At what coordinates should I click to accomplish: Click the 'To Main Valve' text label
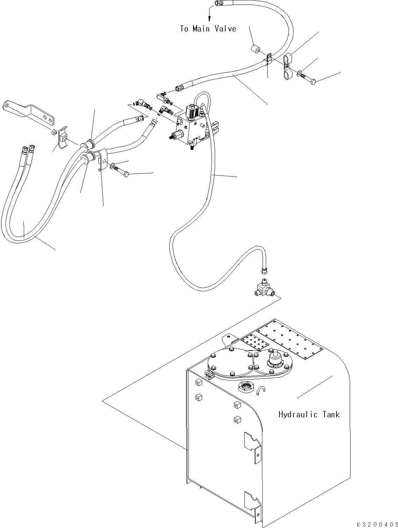[x=208, y=29]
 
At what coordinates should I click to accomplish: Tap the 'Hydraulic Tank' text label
[x=309, y=415]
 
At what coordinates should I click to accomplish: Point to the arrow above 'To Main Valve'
[x=209, y=14]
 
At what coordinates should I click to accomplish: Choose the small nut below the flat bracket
[x=54, y=132]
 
